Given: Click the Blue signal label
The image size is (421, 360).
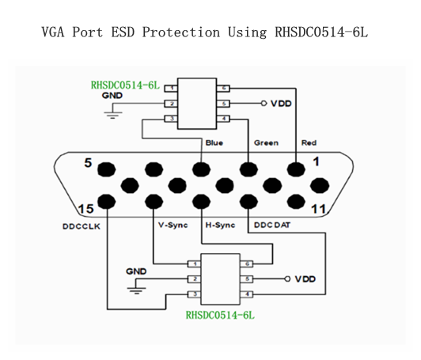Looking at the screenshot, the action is (214, 143).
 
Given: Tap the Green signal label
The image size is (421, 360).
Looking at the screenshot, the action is (266, 143).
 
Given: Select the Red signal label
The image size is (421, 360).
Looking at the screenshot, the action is (309, 143).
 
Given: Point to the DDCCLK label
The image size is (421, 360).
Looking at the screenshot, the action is (82, 226).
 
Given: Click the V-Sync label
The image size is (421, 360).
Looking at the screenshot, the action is (173, 225).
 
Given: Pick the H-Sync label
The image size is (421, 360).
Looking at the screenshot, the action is (220, 225).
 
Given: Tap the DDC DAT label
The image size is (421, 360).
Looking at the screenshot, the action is (272, 225).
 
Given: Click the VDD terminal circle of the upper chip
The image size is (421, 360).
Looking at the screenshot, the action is (264, 104).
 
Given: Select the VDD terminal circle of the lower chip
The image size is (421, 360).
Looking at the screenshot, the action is (287, 279).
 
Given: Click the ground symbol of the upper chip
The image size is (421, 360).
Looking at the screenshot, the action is (112, 115).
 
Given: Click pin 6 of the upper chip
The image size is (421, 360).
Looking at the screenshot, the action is (223, 89).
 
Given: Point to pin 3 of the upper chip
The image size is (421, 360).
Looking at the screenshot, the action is (171, 119).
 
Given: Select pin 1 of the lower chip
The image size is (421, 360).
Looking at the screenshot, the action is (195, 264).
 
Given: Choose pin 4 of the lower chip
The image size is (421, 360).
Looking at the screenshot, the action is (247, 294).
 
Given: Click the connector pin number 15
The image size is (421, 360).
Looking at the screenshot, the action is (86, 209).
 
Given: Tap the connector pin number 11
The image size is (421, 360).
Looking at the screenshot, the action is (318, 209).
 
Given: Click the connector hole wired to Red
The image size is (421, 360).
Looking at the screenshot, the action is (296, 169).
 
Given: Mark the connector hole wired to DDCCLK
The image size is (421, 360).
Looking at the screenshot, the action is (107, 202).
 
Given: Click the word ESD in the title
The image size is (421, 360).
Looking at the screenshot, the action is (123, 32).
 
